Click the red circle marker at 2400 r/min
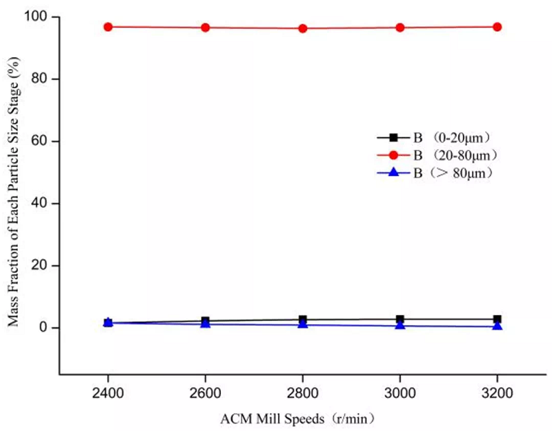(108, 27)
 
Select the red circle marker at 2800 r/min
(302, 28)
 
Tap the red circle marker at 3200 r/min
(497, 27)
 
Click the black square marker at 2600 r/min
(205, 321)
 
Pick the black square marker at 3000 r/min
(400, 319)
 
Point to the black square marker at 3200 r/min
(497, 319)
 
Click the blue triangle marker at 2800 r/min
(302, 323)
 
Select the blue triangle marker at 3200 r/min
(497, 325)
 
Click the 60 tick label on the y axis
(43, 141)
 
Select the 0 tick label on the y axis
(46, 328)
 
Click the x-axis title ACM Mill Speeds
(297, 418)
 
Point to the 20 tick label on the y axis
(43, 265)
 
